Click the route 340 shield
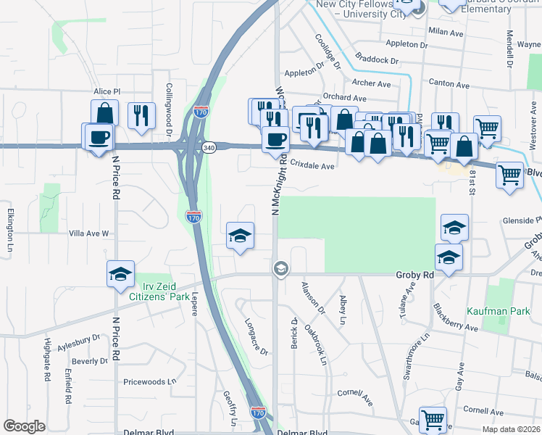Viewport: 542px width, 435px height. click(209, 147)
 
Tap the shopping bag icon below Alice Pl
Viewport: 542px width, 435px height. click(105, 113)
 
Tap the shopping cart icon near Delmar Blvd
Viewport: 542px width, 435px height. click(433, 419)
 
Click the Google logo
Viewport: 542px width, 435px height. click(24, 426)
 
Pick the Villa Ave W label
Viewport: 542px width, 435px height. click(88, 233)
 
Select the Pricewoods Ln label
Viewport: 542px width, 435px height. click(150, 381)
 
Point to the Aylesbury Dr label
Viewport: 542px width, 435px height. click(78, 341)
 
